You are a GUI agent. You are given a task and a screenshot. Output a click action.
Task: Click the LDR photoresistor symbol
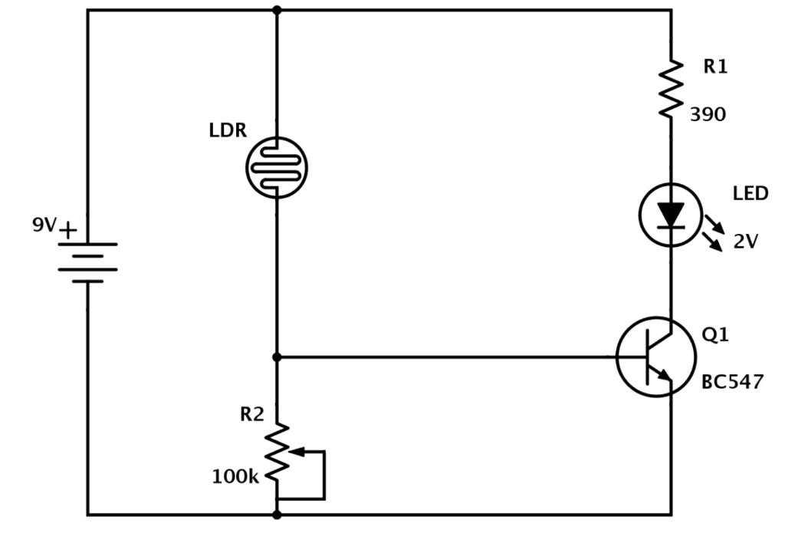(x=276, y=167)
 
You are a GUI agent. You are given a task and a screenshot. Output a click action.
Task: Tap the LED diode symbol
(x=670, y=215)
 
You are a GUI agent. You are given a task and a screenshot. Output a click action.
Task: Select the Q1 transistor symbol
(x=656, y=357)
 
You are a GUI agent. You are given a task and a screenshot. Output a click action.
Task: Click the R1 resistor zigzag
(x=671, y=89)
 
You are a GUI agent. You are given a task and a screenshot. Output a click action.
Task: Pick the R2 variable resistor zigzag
(x=277, y=452)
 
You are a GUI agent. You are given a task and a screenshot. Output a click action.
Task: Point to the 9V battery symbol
(x=87, y=263)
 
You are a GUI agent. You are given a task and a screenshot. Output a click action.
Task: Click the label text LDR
(x=228, y=130)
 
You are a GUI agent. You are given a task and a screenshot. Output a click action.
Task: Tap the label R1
(x=715, y=66)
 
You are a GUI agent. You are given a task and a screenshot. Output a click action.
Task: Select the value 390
(x=708, y=115)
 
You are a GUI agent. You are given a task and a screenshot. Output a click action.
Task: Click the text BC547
(x=732, y=382)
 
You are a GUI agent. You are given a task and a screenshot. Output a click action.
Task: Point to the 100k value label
(x=235, y=476)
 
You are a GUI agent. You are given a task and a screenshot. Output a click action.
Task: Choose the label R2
(x=251, y=414)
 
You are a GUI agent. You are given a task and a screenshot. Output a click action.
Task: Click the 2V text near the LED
(x=745, y=242)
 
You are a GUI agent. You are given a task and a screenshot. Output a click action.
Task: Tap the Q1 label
(x=715, y=334)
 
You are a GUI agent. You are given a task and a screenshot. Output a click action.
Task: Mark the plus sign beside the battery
(x=68, y=230)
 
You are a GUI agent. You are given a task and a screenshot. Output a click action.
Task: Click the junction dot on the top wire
(x=276, y=9)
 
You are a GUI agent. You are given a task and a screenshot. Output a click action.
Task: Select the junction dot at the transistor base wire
(x=277, y=357)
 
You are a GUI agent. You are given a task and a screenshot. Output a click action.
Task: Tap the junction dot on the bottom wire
(x=276, y=515)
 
